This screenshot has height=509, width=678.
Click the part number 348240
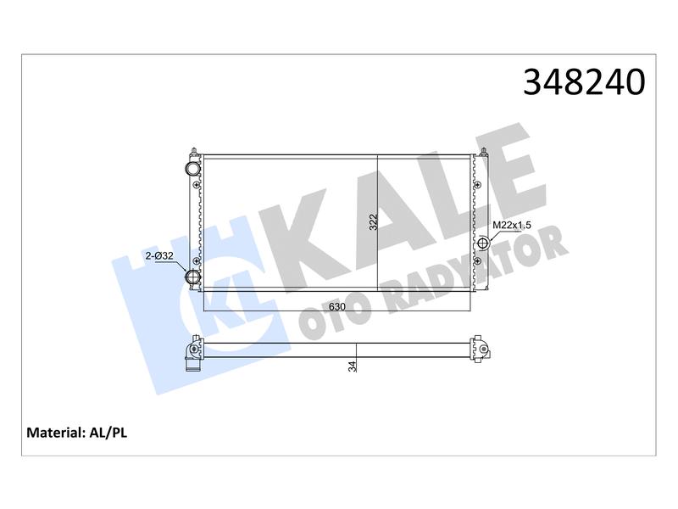[x=584, y=81]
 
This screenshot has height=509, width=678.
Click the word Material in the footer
[x=54, y=433]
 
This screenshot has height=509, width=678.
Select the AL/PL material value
[x=108, y=433]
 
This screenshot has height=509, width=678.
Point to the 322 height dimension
[x=374, y=222]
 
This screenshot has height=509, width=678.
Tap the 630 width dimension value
[x=337, y=307]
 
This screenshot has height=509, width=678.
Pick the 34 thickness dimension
[x=353, y=366]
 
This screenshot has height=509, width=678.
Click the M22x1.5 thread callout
[x=512, y=225]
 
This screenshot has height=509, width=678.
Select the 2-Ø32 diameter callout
[x=159, y=256]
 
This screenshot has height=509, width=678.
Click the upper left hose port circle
[x=192, y=168]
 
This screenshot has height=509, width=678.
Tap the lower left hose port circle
[x=192, y=277]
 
